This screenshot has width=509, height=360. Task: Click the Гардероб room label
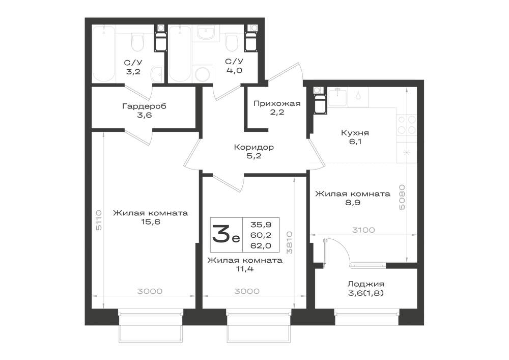(x=144, y=106)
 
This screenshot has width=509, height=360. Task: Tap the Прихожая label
(x=277, y=103)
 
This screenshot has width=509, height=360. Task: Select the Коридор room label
(x=254, y=147)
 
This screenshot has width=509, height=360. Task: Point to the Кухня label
(x=355, y=133)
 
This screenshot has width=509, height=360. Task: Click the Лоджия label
(x=365, y=284)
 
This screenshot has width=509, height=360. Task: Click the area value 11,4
(x=245, y=269)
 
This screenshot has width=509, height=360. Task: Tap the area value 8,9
(x=353, y=203)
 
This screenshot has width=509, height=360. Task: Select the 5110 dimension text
(x=99, y=220)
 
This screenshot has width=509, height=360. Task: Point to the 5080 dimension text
(x=402, y=197)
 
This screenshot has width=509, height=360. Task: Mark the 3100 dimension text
(x=363, y=230)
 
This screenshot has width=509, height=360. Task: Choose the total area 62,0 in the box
(x=261, y=246)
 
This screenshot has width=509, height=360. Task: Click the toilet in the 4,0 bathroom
(x=232, y=43)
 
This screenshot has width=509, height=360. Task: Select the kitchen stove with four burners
(x=407, y=125)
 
